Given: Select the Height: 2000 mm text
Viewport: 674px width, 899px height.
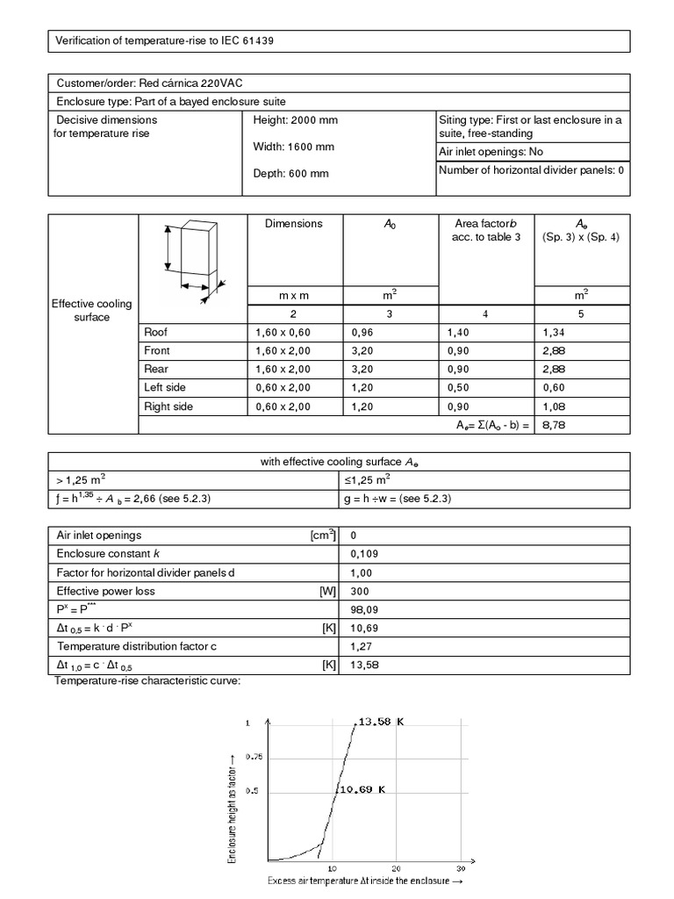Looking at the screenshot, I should pyautogui.click(x=295, y=120).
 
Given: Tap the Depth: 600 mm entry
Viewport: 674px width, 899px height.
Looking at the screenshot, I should pyautogui.click(x=290, y=174).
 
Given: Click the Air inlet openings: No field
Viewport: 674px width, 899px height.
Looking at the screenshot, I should pyautogui.click(x=491, y=152).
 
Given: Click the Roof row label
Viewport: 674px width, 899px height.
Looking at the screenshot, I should pyautogui.click(x=155, y=333).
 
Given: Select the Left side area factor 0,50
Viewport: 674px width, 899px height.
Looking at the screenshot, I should pyautogui.click(x=459, y=387).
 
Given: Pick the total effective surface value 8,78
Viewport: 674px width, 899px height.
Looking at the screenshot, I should pyautogui.click(x=556, y=425).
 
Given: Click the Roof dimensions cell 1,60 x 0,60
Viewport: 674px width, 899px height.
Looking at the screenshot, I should pyautogui.click(x=283, y=333).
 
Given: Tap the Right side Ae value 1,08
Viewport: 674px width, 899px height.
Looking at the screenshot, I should pyautogui.click(x=556, y=406).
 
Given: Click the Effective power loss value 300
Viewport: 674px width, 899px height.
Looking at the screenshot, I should pyautogui.click(x=359, y=592).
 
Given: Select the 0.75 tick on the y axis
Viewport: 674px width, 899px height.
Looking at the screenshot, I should pyautogui.click(x=254, y=756).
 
